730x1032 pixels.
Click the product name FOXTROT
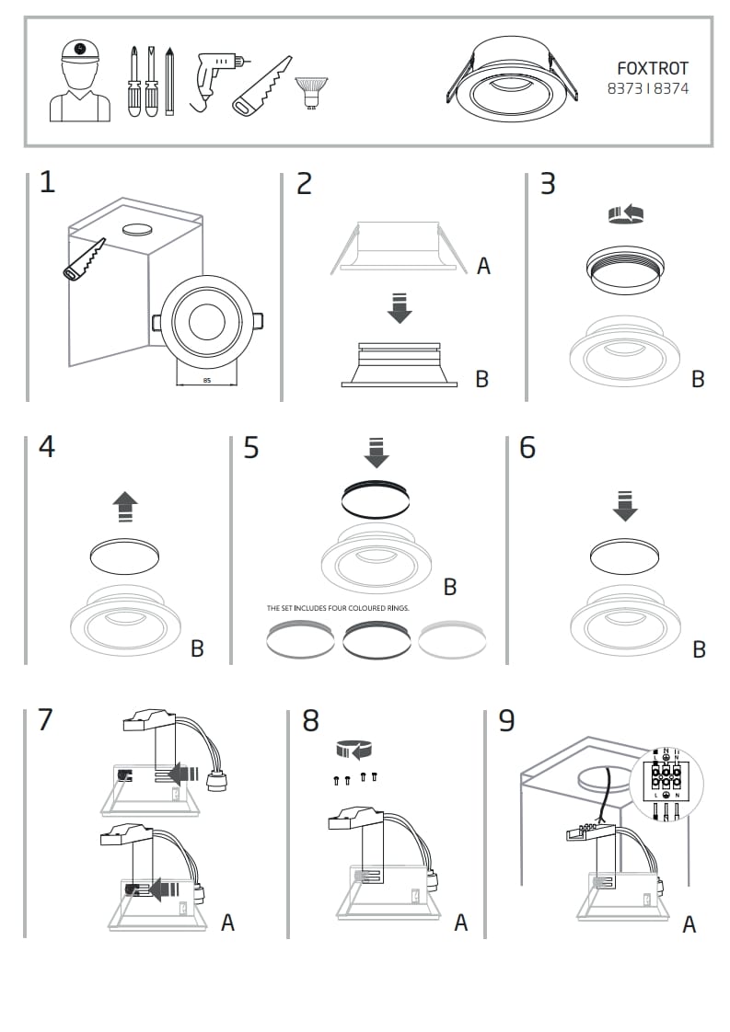tap(652, 69)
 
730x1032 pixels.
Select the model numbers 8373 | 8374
tap(647, 89)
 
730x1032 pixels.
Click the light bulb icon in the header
tap(310, 93)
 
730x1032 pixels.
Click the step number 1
tap(47, 182)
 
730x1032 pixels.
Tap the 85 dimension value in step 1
tap(205, 379)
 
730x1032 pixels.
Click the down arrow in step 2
tap(399, 307)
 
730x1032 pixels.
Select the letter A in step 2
tap(483, 267)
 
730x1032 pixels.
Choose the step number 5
tap(251, 448)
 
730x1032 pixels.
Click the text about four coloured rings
tap(337, 608)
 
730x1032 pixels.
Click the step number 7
tap(46, 719)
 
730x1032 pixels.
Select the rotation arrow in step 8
tap(355, 749)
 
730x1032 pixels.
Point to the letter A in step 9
tap(689, 925)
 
